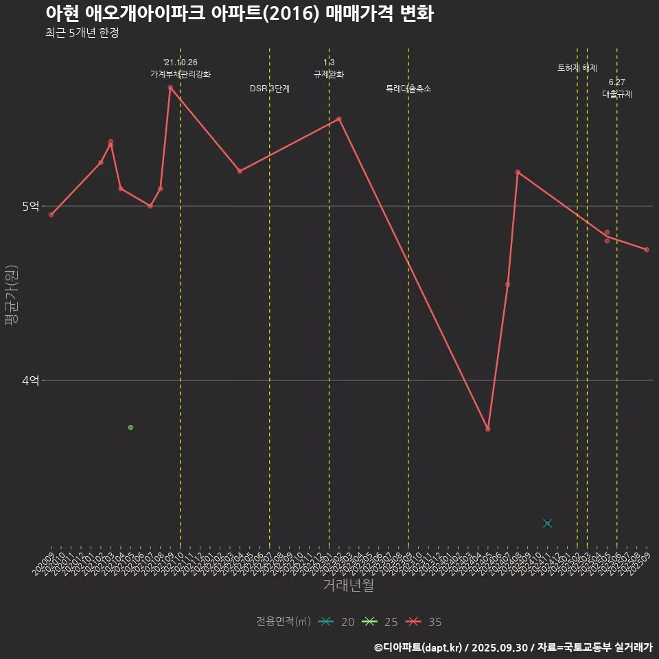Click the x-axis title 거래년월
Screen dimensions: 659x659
[348, 586]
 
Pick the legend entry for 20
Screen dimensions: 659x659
[336, 622]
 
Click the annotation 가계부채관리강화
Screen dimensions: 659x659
[181, 74]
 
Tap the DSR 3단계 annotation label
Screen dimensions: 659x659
[270, 89]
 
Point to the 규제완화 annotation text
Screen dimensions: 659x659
[329, 74]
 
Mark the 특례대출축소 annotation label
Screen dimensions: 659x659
[408, 89]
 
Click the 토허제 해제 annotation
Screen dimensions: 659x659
[577, 68]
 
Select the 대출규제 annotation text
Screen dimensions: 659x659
[617, 95]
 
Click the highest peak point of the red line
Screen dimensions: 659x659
[170, 88]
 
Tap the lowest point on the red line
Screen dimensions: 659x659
[488, 429]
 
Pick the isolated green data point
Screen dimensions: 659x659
[130, 428]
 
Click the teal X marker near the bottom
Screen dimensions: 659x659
[547, 524]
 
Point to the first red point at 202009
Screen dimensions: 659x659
[51, 215]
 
